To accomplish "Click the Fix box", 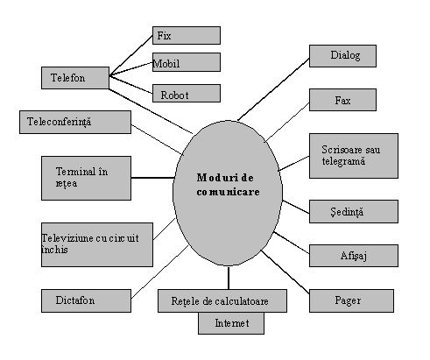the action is [187, 35].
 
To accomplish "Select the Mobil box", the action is [187, 62].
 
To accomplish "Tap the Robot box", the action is [187, 93].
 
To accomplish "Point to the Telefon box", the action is [75, 78].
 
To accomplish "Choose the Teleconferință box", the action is [75, 122].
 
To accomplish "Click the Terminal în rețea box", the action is [86, 178].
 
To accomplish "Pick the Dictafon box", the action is [86, 300].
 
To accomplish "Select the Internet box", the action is [231, 323].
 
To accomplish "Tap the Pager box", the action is [351, 300].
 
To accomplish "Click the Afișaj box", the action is [354, 256].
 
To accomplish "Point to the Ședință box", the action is [354, 211].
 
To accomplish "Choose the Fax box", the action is [342, 100].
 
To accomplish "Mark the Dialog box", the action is [342, 56].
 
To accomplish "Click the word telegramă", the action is [343, 161].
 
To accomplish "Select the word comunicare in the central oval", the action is [228, 192].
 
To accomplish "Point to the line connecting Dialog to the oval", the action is [273, 89].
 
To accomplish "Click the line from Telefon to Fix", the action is [131, 55].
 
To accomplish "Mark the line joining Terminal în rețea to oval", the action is [152, 178].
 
